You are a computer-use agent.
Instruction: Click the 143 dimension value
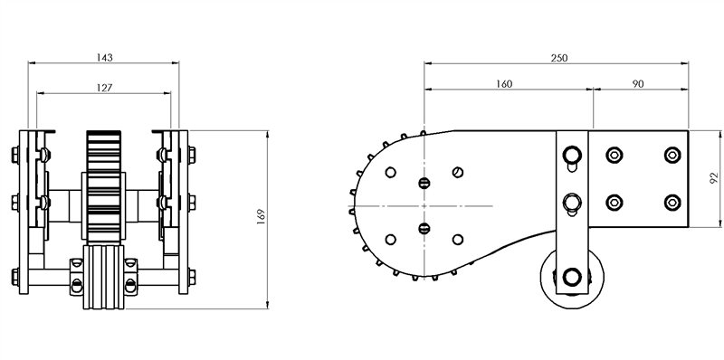105,57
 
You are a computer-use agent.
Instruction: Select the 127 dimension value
102,87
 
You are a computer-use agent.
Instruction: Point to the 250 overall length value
558,57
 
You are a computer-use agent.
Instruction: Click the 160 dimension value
504,83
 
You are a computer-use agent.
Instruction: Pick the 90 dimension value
638,83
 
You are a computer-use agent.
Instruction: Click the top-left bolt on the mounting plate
614,155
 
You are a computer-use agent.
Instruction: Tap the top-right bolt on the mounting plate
671,155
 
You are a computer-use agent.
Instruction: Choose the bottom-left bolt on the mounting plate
614,201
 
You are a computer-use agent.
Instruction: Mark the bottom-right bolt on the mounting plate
671,201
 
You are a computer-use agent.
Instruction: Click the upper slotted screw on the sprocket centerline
424,184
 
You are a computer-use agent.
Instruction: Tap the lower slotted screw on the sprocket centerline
424,227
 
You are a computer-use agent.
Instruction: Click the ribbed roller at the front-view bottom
102,278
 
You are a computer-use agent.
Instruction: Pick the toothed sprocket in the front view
102,185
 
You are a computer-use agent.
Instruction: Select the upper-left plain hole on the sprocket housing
390,172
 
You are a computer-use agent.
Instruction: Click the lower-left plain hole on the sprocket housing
390,239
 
